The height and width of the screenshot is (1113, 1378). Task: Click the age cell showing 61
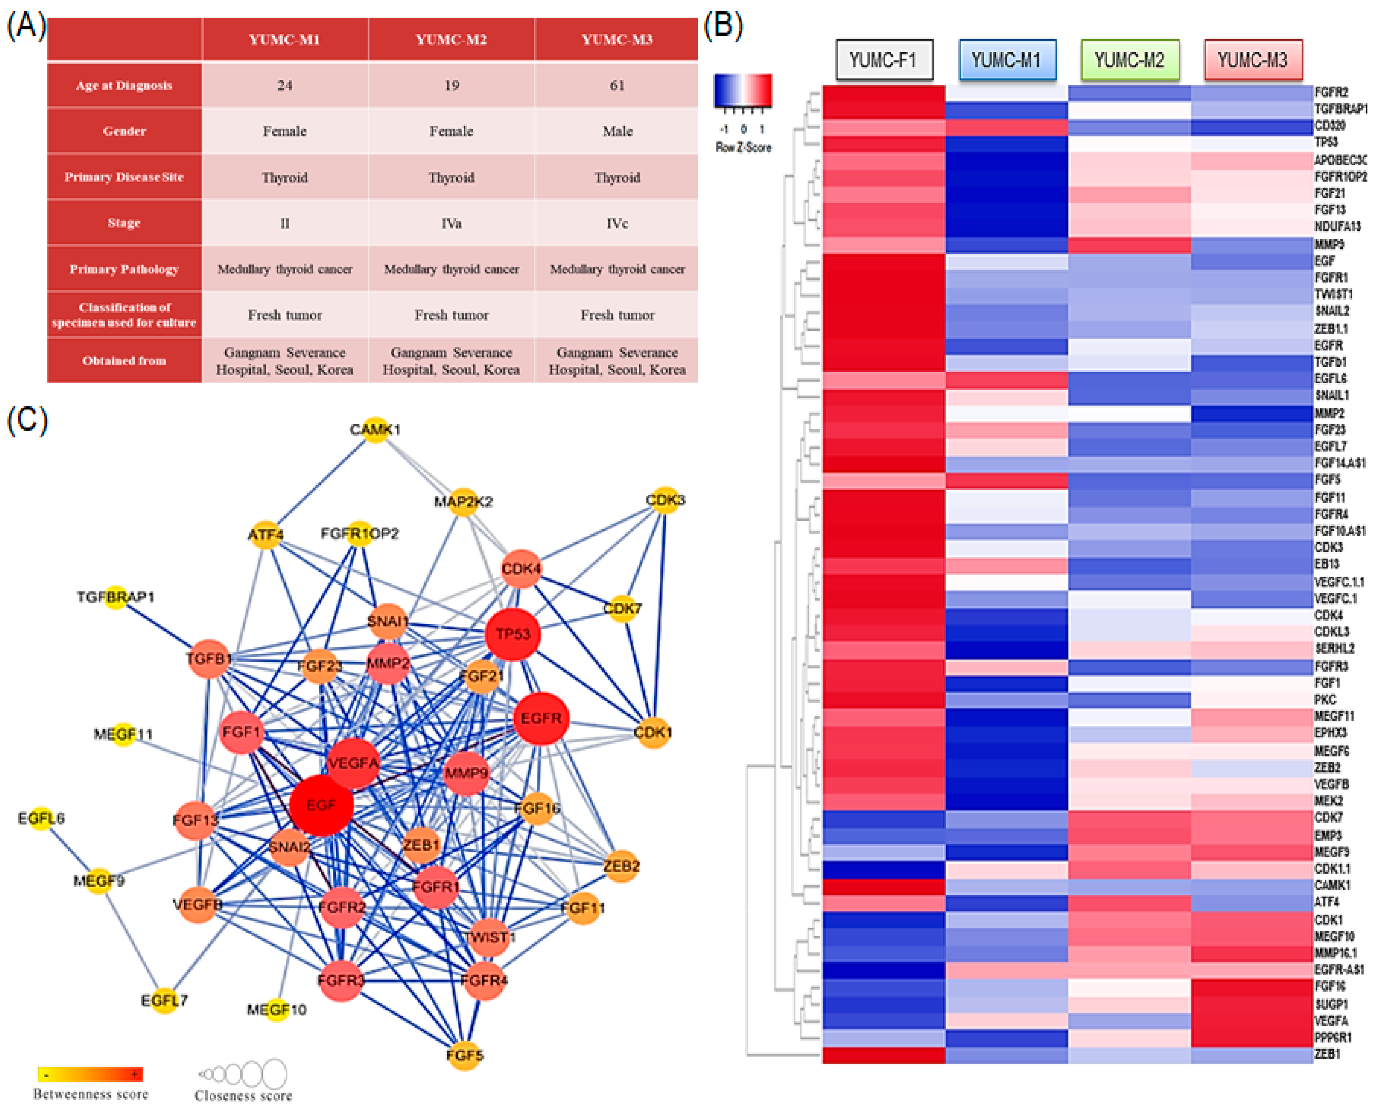pos(617,85)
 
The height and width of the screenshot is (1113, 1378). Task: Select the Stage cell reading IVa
pos(451,223)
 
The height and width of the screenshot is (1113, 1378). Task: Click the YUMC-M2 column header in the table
pos(451,40)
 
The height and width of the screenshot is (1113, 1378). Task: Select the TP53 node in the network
pos(513,634)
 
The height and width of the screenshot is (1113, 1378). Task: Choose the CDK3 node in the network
pos(665,500)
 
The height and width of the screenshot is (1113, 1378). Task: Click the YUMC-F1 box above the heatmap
pos(884,60)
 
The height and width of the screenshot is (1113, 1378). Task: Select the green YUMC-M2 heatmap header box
pos(1129,60)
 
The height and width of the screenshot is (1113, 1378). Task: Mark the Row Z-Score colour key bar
pos(743,90)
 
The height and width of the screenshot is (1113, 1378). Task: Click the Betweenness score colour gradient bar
pos(90,1074)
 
